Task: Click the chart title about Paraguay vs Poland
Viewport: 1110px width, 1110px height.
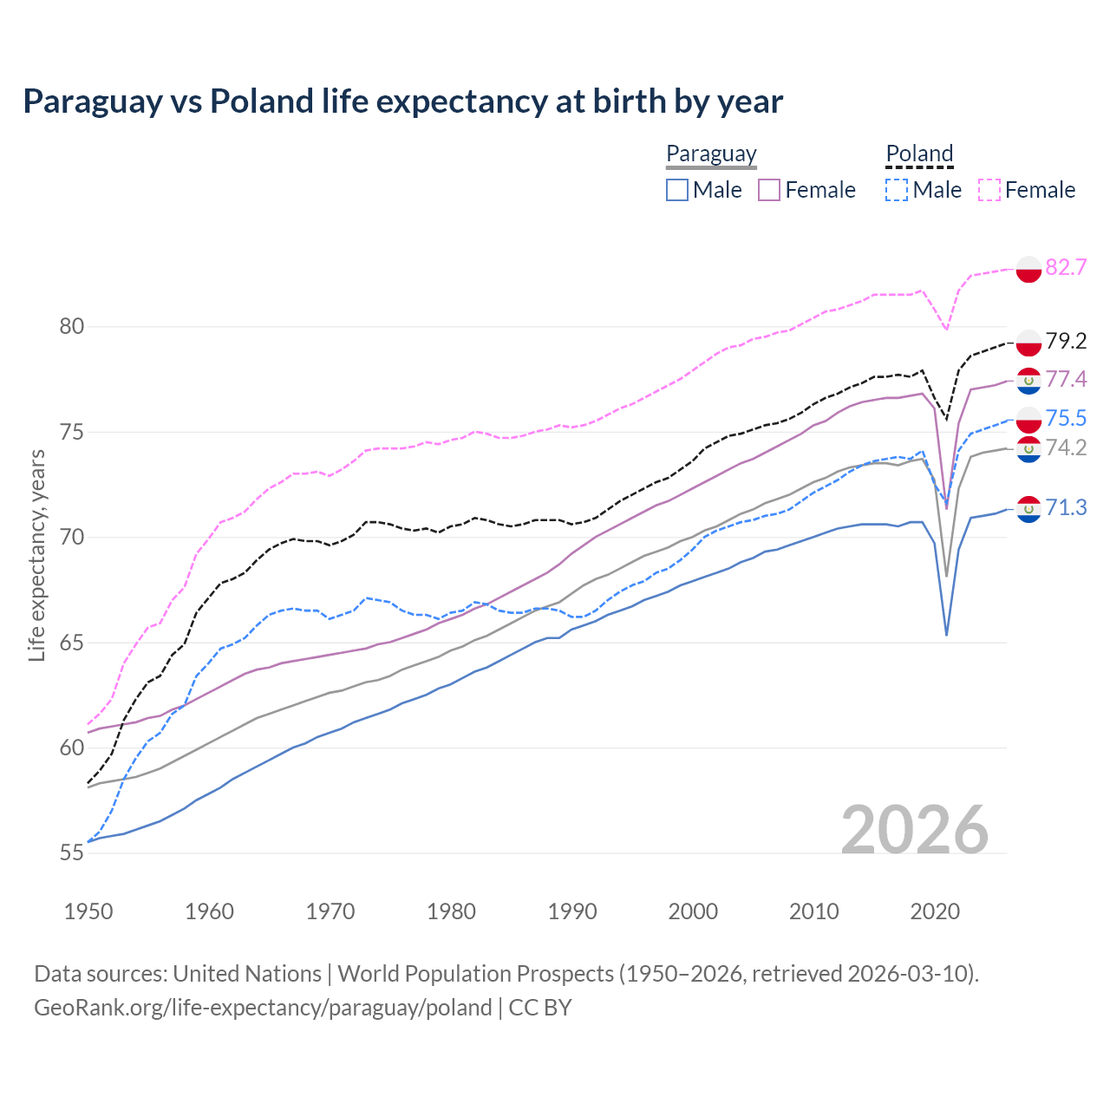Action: click(402, 101)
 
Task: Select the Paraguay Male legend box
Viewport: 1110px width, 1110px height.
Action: click(677, 190)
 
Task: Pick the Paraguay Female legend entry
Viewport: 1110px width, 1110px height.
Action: click(806, 190)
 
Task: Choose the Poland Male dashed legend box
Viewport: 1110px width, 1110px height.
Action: click(897, 190)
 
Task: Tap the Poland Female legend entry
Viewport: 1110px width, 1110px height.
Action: click(1027, 190)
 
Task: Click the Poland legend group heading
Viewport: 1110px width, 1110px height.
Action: click(919, 153)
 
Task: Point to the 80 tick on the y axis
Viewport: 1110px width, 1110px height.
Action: click(72, 327)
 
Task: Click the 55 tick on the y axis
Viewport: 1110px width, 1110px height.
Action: click(72, 853)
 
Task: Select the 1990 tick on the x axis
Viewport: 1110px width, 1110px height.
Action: click(572, 911)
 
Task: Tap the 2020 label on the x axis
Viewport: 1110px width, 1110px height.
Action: click(935, 911)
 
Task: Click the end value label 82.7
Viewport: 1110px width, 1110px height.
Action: click(1066, 267)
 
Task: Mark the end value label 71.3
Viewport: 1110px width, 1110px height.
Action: click(1066, 507)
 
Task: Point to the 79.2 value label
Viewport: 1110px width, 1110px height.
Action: click(1066, 341)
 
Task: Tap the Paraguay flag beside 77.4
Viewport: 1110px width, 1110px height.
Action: click(1028, 380)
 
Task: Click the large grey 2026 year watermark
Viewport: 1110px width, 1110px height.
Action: click(915, 830)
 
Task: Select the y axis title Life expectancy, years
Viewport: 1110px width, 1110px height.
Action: click(36, 556)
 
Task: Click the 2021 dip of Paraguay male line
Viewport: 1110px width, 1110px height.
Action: click(947, 634)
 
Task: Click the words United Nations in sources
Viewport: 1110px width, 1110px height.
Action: click(247, 974)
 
